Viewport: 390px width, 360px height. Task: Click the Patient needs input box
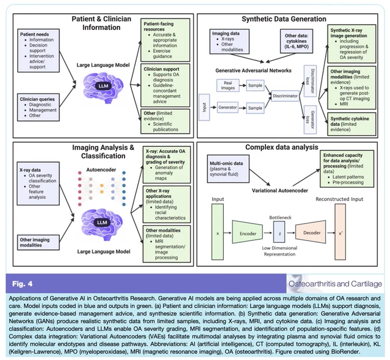pyautogui.click(x=38, y=51)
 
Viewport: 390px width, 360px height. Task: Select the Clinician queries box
pyautogui.click(x=38, y=107)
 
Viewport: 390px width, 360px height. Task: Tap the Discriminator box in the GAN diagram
pyautogui.click(x=285, y=96)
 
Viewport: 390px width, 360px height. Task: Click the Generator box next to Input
pyautogui.click(x=228, y=107)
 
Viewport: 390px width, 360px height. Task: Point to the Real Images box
pyautogui.click(x=228, y=86)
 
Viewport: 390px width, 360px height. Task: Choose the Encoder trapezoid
pyautogui.click(x=247, y=232)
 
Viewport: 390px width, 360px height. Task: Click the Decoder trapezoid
pyautogui.click(x=311, y=232)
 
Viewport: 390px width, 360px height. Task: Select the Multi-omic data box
pyautogui.click(x=228, y=169)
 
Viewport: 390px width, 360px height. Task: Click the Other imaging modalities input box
pyautogui.click(x=38, y=242)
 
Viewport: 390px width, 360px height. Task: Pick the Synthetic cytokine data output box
pyautogui.click(x=352, y=124)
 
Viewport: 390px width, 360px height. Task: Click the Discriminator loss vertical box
pyautogui.click(x=310, y=81)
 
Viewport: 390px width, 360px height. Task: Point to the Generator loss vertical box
pyautogui.click(x=310, y=120)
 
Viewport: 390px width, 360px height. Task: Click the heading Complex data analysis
pyautogui.click(x=282, y=147)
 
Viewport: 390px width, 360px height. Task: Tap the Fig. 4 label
pyautogui.click(x=22, y=284)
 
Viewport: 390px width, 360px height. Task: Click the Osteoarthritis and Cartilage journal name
pyautogui.click(x=335, y=284)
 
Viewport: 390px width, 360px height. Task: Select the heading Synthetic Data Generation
pyautogui.click(x=284, y=19)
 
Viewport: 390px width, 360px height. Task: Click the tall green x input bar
pyautogui.click(x=217, y=232)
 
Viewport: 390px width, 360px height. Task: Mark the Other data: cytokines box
pyautogui.click(x=297, y=41)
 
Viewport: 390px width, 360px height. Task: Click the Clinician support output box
pyautogui.click(x=165, y=86)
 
